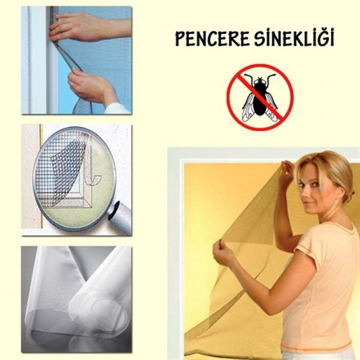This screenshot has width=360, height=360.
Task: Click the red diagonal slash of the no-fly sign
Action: point(260,96)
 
